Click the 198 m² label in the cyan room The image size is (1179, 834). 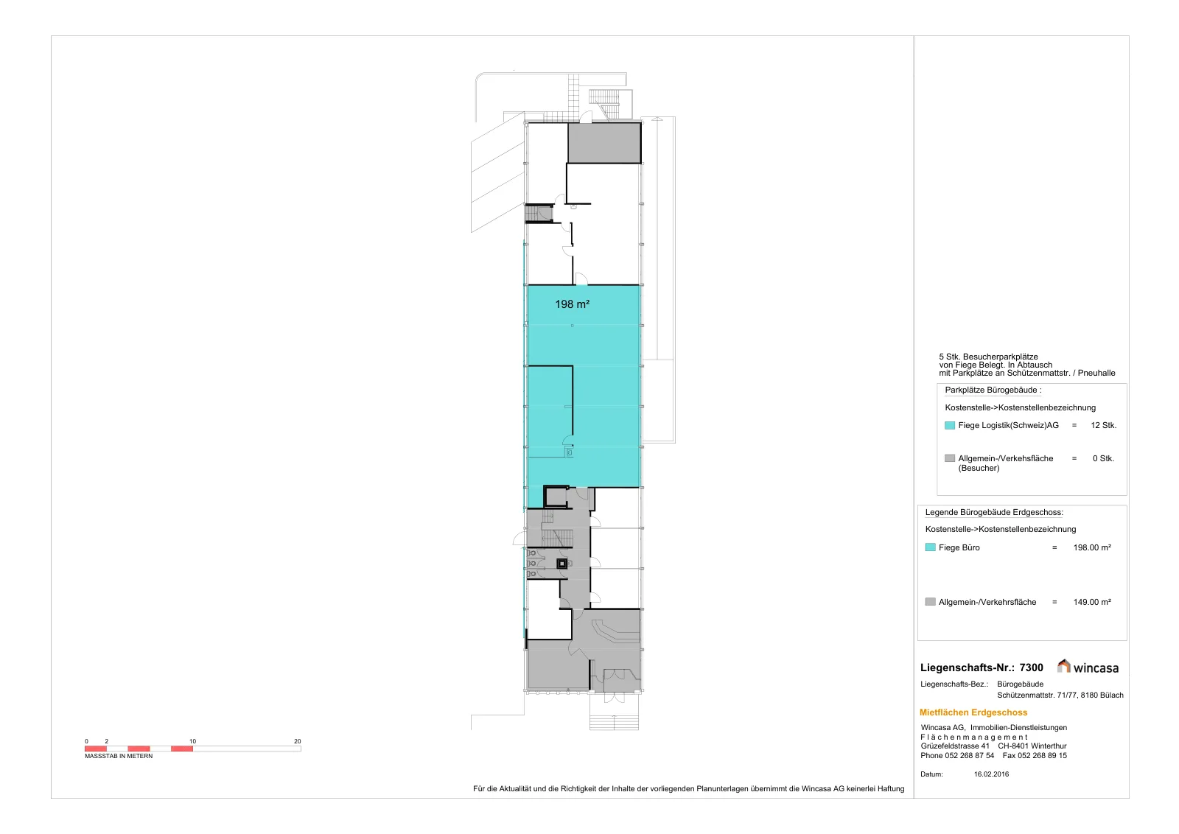click(x=572, y=304)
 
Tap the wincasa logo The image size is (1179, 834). click(x=1088, y=667)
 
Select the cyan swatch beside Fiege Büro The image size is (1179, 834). click(x=930, y=547)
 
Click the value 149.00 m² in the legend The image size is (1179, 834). click(x=1092, y=602)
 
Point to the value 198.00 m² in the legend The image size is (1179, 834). click(x=1092, y=547)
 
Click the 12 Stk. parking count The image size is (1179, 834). click(x=1104, y=425)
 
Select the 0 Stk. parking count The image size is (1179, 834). click(x=1103, y=458)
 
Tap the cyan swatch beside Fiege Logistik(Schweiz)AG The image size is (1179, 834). click(x=950, y=425)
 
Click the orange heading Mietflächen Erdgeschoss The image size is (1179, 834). click(x=973, y=712)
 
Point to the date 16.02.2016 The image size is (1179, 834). click(x=991, y=774)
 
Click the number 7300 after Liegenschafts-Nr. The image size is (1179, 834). click(x=1031, y=667)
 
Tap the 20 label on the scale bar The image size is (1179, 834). click(x=298, y=741)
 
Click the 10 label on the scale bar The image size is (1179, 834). click(x=192, y=741)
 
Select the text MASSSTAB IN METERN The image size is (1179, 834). click(x=119, y=756)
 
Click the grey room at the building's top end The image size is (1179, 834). click(x=604, y=143)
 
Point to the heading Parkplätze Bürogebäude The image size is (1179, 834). click(x=993, y=390)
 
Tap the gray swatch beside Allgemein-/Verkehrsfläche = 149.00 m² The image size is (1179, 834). click(x=930, y=601)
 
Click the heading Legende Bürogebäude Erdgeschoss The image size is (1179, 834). click(x=994, y=512)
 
